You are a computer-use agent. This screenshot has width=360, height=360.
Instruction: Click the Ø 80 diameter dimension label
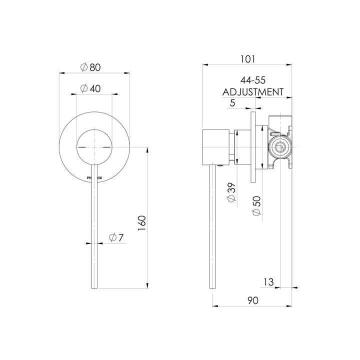click(x=90, y=67)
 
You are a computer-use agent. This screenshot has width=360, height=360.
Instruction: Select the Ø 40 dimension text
click(x=90, y=88)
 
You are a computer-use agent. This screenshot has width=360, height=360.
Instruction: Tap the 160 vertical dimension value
click(x=142, y=223)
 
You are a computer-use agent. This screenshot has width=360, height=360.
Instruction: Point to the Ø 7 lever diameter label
click(x=116, y=237)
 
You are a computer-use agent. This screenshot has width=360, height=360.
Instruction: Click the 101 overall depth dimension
click(x=247, y=59)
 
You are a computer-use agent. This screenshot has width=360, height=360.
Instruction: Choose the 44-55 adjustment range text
click(x=253, y=80)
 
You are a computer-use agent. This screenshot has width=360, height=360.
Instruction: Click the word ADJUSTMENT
click(x=253, y=92)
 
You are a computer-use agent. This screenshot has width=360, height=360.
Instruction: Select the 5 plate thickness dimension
click(x=232, y=103)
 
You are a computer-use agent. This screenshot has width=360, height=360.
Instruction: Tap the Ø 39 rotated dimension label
click(x=232, y=192)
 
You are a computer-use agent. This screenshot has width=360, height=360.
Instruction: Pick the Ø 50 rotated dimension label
click(x=257, y=206)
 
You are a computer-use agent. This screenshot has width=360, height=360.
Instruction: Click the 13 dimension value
click(x=268, y=282)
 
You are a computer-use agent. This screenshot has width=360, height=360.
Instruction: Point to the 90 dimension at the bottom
click(x=253, y=300)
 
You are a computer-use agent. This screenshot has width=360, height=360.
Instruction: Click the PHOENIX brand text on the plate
click(x=94, y=177)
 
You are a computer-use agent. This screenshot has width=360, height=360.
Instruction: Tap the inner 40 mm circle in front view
click(x=94, y=147)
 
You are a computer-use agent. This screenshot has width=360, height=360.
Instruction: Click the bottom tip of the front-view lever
click(x=94, y=288)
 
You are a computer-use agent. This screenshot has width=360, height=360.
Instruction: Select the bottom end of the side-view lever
click(x=212, y=288)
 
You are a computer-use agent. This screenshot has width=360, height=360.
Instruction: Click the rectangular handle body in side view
click(x=216, y=147)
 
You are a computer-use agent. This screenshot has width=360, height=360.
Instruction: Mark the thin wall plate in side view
click(x=253, y=147)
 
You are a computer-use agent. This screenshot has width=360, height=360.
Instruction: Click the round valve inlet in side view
click(x=279, y=147)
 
